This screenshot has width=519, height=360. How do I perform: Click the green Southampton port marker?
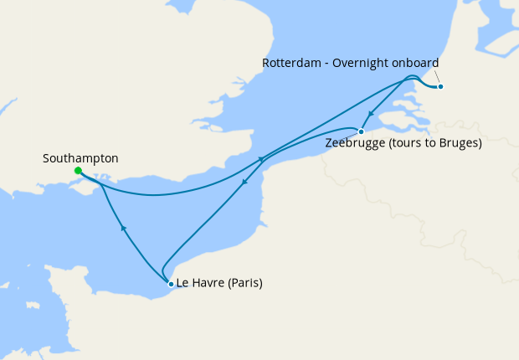78,171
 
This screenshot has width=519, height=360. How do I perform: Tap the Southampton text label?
80,157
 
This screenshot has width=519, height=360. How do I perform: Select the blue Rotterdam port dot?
440,86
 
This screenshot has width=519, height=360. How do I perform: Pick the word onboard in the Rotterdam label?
416,64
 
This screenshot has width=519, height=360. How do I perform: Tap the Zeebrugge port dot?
361,131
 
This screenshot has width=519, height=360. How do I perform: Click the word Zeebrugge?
354,142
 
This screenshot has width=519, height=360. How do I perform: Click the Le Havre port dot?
171,284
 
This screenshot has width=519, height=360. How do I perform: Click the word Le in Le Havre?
183,283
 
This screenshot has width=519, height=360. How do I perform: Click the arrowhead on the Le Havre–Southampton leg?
124,227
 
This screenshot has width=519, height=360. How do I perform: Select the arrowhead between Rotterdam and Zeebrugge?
370,116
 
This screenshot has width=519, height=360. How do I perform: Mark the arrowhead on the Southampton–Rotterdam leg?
261,159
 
